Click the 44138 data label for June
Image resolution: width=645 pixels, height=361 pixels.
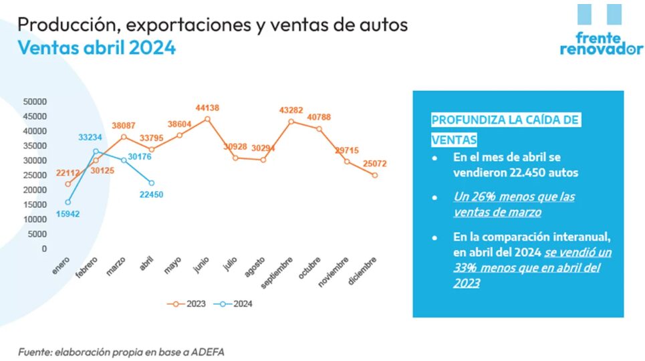[207, 108]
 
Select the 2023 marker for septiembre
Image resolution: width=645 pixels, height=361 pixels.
[291, 122]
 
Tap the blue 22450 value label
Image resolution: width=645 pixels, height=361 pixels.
[151, 195]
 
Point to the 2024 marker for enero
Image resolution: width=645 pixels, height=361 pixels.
[68, 202]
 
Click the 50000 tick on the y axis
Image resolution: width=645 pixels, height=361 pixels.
[35, 102]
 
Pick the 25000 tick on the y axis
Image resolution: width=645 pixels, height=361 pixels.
[35, 175]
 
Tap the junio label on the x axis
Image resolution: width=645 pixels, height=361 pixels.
[201, 264]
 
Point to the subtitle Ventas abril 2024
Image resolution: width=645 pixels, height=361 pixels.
[96, 48]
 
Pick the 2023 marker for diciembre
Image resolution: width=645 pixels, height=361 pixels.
[375, 175]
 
